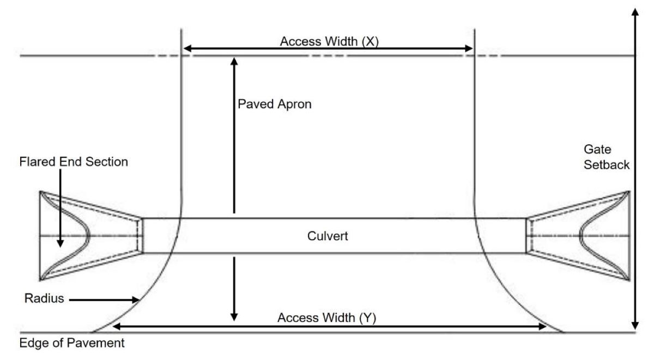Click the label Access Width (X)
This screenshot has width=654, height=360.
point(329,41)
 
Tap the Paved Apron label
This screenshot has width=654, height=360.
point(275,104)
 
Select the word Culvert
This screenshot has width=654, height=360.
point(327,236)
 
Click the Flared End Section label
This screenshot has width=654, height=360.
point(74,162)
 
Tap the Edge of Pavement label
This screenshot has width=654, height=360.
point(72,344)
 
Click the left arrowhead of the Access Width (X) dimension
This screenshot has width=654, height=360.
point(186,49)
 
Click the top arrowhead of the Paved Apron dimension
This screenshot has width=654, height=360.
point(234,60)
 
